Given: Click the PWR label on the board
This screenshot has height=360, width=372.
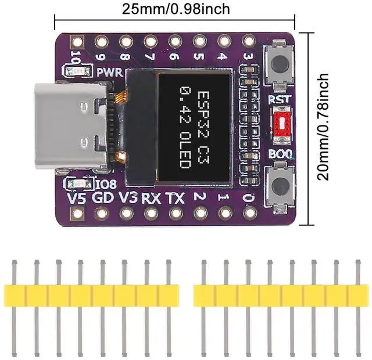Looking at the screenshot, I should (109, 73).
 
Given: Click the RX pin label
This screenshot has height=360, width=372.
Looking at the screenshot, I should (151, 198).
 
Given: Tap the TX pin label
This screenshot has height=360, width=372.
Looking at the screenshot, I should (175, 198).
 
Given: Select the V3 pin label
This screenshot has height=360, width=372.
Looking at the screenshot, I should (127, 198).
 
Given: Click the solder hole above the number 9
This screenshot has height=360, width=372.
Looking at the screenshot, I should (101, 41).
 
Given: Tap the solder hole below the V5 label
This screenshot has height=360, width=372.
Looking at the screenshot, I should (76, 213).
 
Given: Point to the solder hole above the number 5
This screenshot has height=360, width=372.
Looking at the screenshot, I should (199, 41).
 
